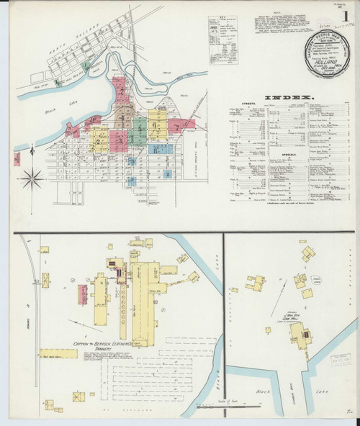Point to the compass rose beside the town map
click(x=32, y=178)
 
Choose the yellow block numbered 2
click(x=100, y=138)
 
